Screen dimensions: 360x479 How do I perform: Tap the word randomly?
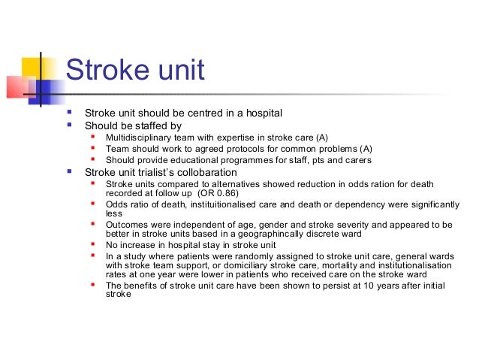click(x=245, y=256)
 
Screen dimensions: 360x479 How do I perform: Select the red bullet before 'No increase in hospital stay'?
click(x=92, y=244)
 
